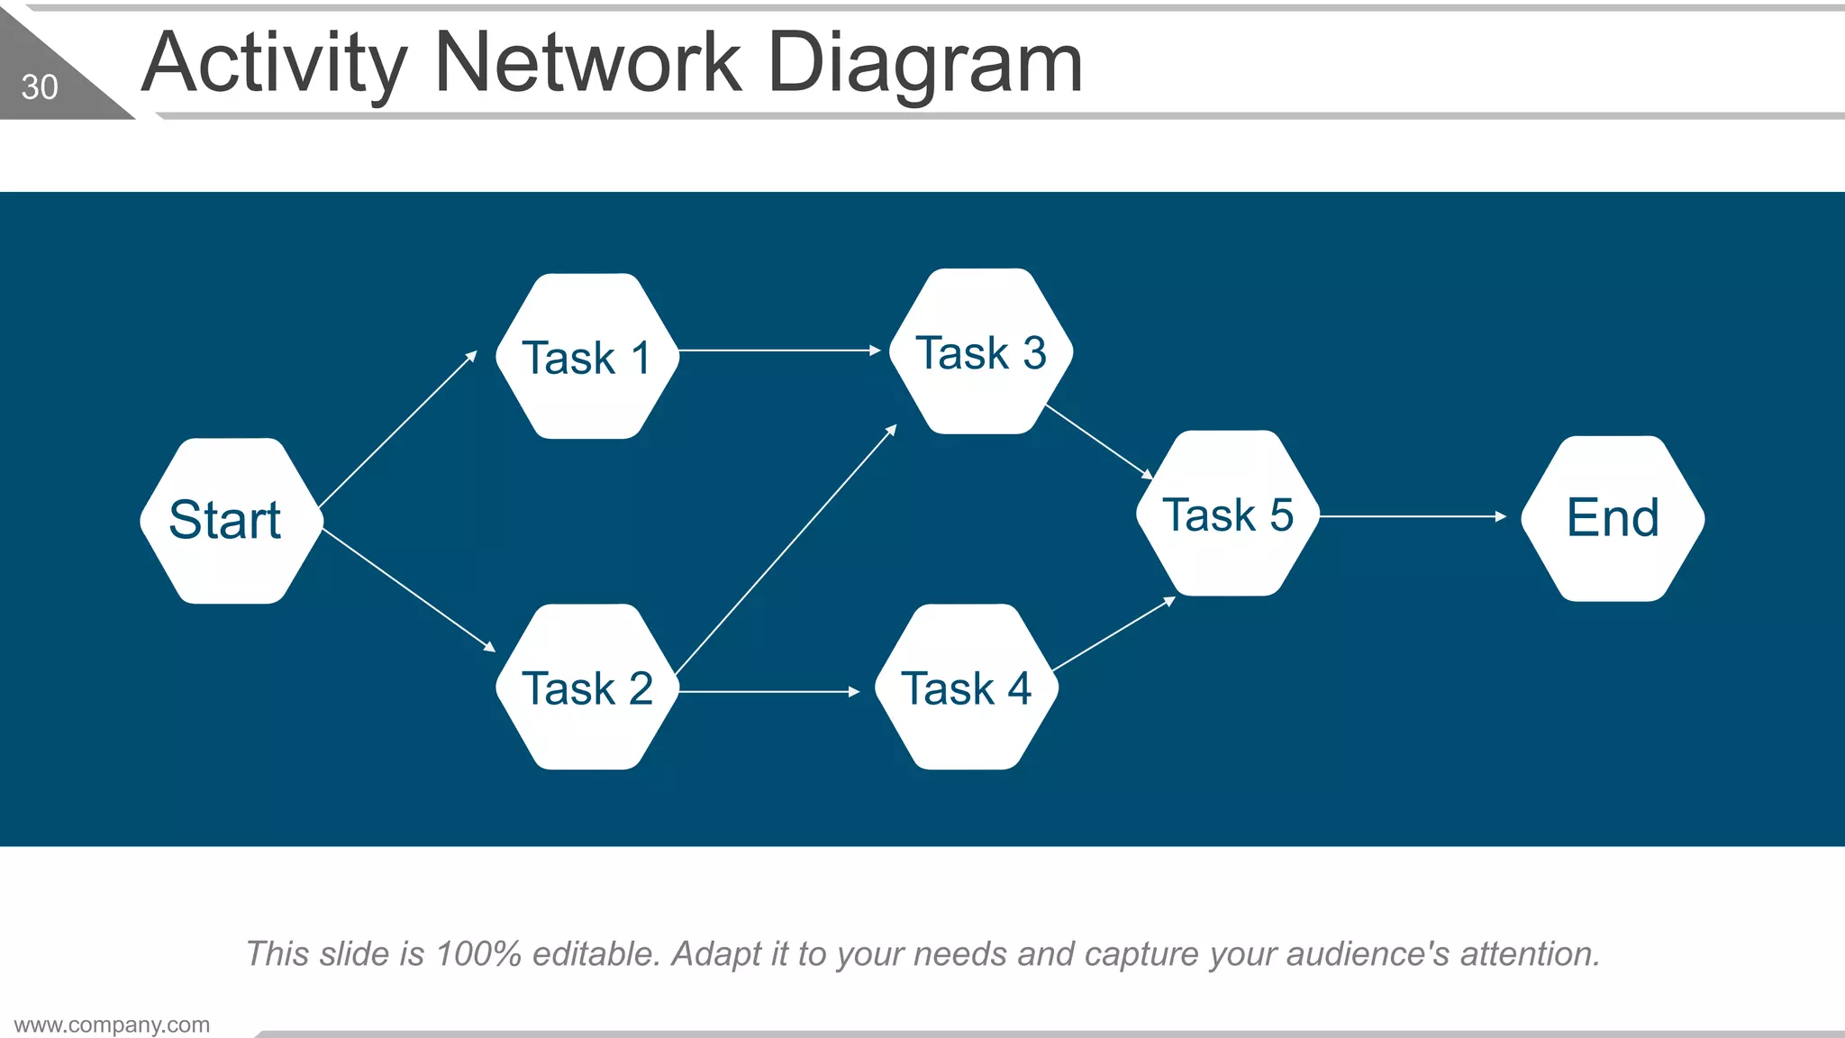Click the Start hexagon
[x=232, y=521]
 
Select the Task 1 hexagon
[x=587, y=357]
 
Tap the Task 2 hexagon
[x=587, y=687]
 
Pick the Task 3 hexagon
[x=980, y=351]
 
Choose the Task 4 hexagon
[x=967, y=687]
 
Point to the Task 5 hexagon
[x=1228, y=514]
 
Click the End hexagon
[x=1613, y=518]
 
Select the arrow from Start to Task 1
[x=397, y=429]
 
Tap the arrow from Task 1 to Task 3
[x=779, y=350]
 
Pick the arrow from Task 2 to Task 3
[x=786, y=550]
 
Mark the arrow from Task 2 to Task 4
[x=769, y=691]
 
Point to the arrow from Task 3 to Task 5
[x=1099, y=442]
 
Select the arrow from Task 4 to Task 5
[x=1113, y=634]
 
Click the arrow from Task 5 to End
[x=1413, y=516]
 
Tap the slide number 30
[x=40, y=87]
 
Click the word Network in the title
[x=587, y=63]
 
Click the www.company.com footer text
[x=112, y=1024]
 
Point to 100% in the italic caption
[x=477, y=953]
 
